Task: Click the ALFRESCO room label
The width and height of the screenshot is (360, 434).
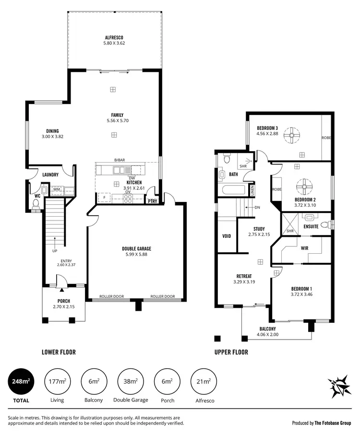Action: [114, 37]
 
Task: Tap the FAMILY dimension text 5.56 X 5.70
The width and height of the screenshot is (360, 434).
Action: [115, 121]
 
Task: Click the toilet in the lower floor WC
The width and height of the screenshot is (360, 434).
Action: [35, 204]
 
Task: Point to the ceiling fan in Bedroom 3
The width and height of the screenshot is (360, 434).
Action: [291, 136]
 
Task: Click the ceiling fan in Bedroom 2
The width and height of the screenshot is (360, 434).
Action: [303, 186]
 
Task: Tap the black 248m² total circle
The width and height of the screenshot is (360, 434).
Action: [21, 382]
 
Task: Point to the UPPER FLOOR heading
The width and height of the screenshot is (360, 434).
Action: [231, 352]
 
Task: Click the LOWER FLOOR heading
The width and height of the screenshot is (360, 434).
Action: [59, 352]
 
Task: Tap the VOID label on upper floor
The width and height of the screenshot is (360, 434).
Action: [227, 236]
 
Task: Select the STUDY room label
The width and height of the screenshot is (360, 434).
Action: [259, 229]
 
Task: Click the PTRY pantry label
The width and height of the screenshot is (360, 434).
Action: [153, 201]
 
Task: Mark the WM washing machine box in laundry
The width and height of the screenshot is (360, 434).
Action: [56, 189]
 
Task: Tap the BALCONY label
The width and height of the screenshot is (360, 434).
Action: [268, 328]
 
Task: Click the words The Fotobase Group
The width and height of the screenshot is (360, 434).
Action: [333, 423]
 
